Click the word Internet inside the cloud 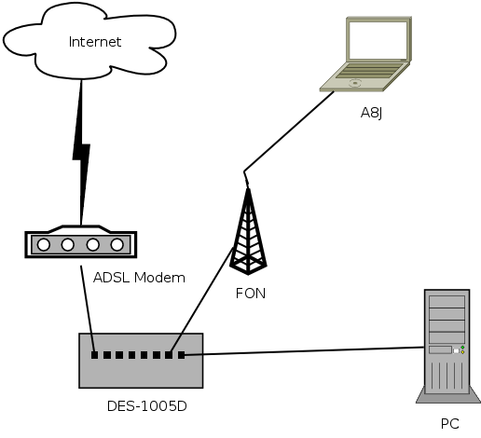click(95, 42)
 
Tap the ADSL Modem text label click(139, 278)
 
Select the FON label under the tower click(251, 294)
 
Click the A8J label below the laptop click(371, 113)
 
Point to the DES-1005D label click(147, 406)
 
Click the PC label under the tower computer click(449, 424)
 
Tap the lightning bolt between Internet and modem click(81, 152)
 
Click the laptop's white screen click(378, 40)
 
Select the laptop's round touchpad click(355, 83)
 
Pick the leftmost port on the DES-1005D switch click(94, 355)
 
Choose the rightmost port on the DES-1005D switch click(181, 355)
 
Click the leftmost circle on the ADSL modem click(44, 245)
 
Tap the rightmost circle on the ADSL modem click(117, 245)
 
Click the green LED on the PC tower click(462, 348)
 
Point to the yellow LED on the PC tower click(462, 352)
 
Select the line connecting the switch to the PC click(303, 351)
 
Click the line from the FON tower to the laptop click(289, 131)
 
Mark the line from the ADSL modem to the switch click(88, 308)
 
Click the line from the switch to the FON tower click(201, 300)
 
